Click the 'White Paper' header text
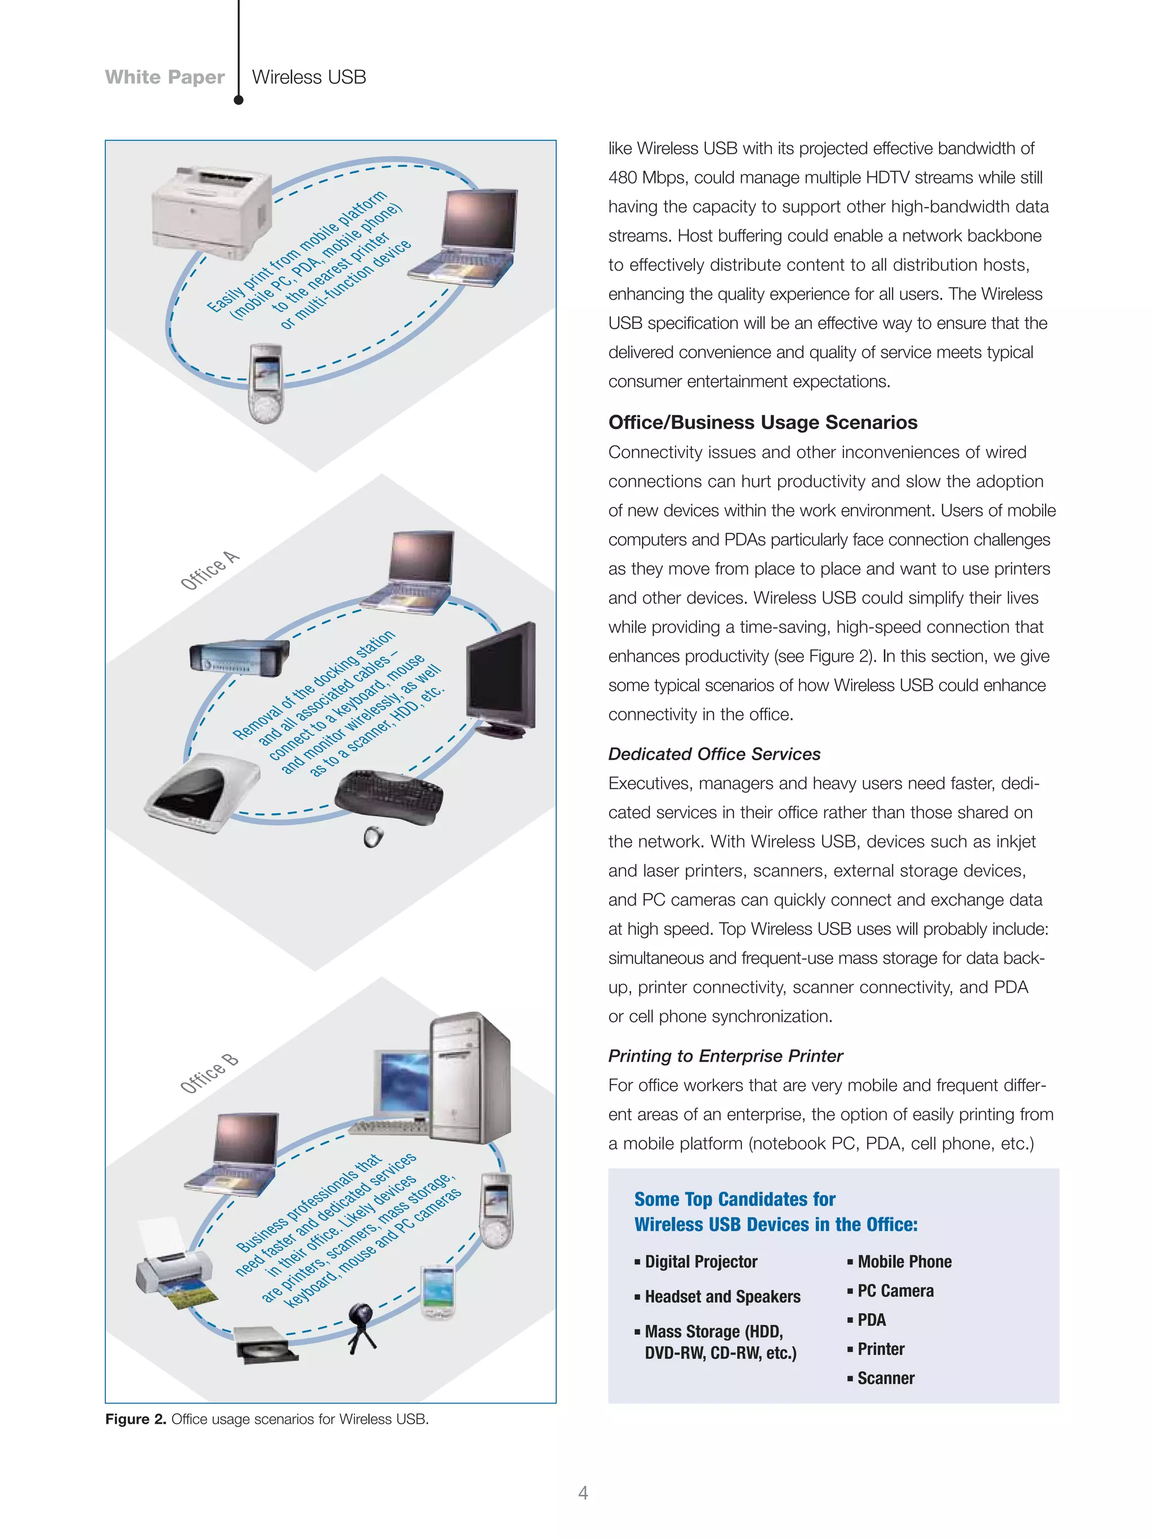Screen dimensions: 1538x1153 (x=165, y=77)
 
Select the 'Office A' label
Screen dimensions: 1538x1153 (x=209, y=570)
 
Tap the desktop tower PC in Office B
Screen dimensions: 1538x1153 (x=471, y=1078)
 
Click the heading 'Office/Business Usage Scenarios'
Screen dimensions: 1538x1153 (x=762, y=422)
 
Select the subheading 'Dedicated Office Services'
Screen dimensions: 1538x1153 (x=714, y=754)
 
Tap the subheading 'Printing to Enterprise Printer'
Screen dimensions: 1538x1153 (x=725, y=1055)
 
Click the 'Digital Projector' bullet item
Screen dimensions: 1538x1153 (x=700, y=1261)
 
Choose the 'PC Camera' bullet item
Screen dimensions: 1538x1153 (x=895, y=1290)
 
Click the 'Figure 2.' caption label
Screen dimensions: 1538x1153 (x=136, y=1419)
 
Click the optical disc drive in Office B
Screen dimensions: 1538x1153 (x=266, y=1345)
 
